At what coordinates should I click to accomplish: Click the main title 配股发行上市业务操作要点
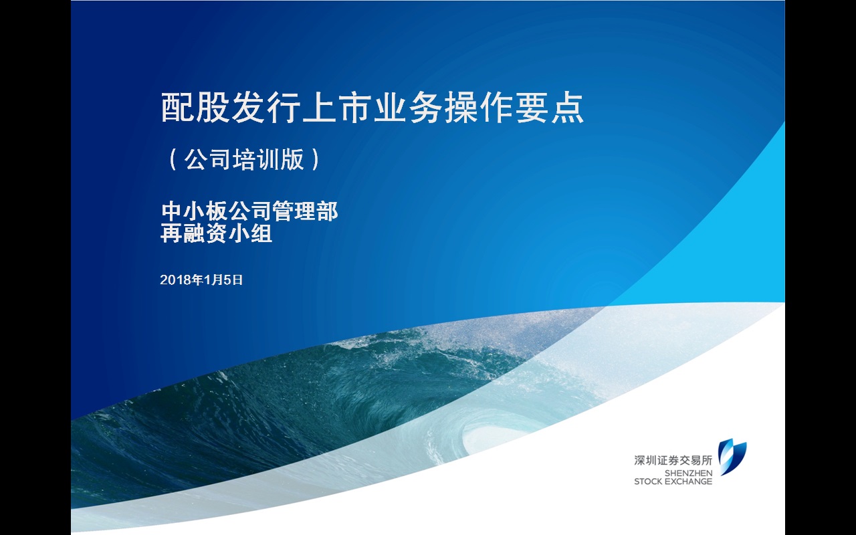coord(372,108)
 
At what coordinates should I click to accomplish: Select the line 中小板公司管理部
coord(249,211)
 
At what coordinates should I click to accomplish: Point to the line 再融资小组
coord(216,233)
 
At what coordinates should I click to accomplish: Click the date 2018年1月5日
coord(201,280)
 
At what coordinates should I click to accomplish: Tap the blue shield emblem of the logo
coord(732,457)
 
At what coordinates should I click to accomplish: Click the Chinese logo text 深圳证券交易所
coord(673,460)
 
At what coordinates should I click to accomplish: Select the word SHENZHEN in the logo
coord(688,473)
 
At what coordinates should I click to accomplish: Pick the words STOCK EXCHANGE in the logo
coord(673,481)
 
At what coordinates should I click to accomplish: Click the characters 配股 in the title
coord(196,108)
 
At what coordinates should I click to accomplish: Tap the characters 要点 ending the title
coord(550,108)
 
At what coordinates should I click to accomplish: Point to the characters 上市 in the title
coord(338,108)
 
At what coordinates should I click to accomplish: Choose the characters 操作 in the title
coord(479,108)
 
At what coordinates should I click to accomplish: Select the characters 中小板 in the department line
coord(194,211)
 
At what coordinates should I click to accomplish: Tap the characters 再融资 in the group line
coord(194,233)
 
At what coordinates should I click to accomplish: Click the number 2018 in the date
coord(175,280)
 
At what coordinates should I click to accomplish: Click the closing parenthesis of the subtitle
coord(315,159)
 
